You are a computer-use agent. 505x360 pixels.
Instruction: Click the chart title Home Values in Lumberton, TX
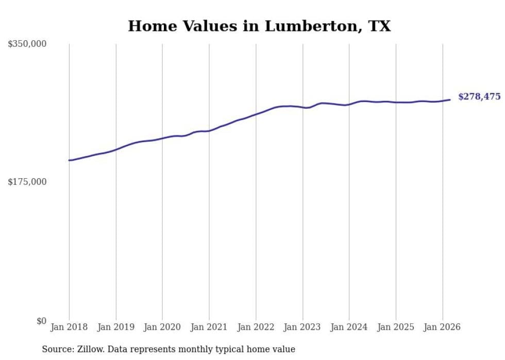pyautogui.click(x=259, y=26)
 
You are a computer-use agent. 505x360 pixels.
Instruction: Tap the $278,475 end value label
pyautogui.click(x=479, y=96)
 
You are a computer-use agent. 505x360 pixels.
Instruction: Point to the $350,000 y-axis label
pyautogui.click(x=27, y=44)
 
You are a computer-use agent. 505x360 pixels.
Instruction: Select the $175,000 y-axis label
pyautogui.click(x=27, y=182)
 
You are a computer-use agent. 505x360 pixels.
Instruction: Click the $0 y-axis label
pyautogui.click(x=41, y=321)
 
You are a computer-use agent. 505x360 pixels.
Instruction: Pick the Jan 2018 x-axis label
pyautogui.click(x=69, y=327)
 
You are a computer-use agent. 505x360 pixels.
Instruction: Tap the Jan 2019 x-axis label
pyautogui.click(x=116, y=327)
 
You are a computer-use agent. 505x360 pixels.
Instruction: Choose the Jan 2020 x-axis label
pyautogui.click(x=162, y=327)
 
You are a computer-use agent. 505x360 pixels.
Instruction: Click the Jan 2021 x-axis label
pyautogui.click(x=209, y=327)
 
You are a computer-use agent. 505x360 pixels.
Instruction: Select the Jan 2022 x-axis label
pyautogui.click(x=256, y=327)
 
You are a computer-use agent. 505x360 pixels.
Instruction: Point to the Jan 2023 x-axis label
pyautogui.click(x=302, y=327)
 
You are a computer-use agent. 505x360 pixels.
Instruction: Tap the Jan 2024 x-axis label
pyautogui.click(x=349, y=327)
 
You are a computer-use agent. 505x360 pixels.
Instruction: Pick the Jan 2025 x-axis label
pyautogui.click(x=396, y=327)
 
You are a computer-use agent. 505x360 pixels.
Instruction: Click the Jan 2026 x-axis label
pyautogui.click(x=442, y=327)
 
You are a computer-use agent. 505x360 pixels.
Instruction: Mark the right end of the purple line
pyautogui.click(x=450, y=99)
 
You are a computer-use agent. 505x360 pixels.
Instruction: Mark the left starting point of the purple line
pyautogui.click(x=69, y=160)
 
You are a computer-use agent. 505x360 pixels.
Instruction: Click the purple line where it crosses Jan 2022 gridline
pyautogui.click(x=256, y=114)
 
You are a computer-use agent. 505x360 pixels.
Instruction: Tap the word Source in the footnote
pyautogui.click(x=56, y=350)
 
